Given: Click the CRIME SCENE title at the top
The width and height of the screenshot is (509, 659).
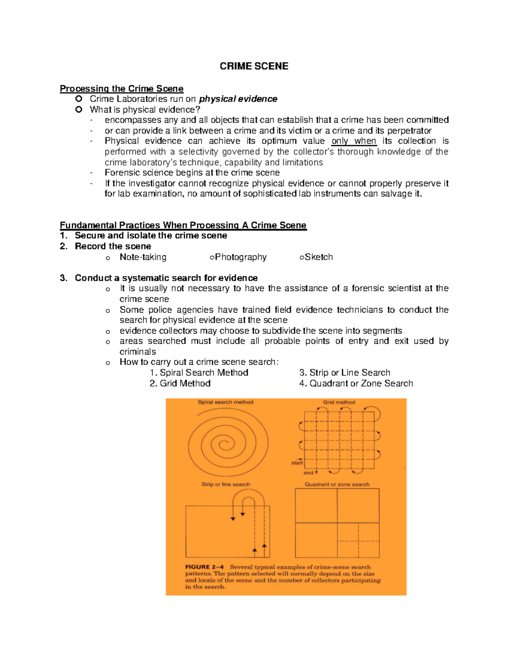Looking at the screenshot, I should tap(254, 66).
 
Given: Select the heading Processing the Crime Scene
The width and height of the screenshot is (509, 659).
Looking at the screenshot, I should tap(121, 89).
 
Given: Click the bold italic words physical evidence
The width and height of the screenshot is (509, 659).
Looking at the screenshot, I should tap(238, 99).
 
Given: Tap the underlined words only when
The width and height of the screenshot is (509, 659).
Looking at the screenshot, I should tap(354, 141).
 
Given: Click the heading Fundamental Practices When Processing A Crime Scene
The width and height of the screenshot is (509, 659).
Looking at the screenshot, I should tap(183, 225).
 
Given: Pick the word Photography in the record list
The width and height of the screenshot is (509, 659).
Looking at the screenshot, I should tap(241, 257).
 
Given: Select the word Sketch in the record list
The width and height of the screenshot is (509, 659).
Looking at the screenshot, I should tap(319, 257).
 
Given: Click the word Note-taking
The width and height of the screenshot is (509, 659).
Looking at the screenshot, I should tap(143, 257).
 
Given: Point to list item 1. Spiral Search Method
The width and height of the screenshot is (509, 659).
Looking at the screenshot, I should tap(199, 373).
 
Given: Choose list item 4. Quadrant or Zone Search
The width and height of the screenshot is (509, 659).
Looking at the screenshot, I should tap(356, 384).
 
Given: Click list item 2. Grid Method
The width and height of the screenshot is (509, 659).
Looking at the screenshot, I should tap(180, 384).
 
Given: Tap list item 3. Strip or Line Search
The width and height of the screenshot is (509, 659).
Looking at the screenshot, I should tap(344, 373).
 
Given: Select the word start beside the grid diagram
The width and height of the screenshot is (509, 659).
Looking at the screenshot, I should tap(296, 463).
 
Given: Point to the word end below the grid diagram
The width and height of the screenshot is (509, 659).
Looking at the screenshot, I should tap(308, 473).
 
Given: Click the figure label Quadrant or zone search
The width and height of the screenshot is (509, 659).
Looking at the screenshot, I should tap(337, 484).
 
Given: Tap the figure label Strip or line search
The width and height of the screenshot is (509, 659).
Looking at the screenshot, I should tap(226, 484).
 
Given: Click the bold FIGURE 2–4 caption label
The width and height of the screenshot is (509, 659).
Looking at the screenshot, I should tap(204, 567).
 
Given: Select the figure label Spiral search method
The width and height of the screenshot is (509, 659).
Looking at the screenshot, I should tap(226, 402).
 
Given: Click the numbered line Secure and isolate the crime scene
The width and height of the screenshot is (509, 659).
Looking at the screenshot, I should tap(151, 236).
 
